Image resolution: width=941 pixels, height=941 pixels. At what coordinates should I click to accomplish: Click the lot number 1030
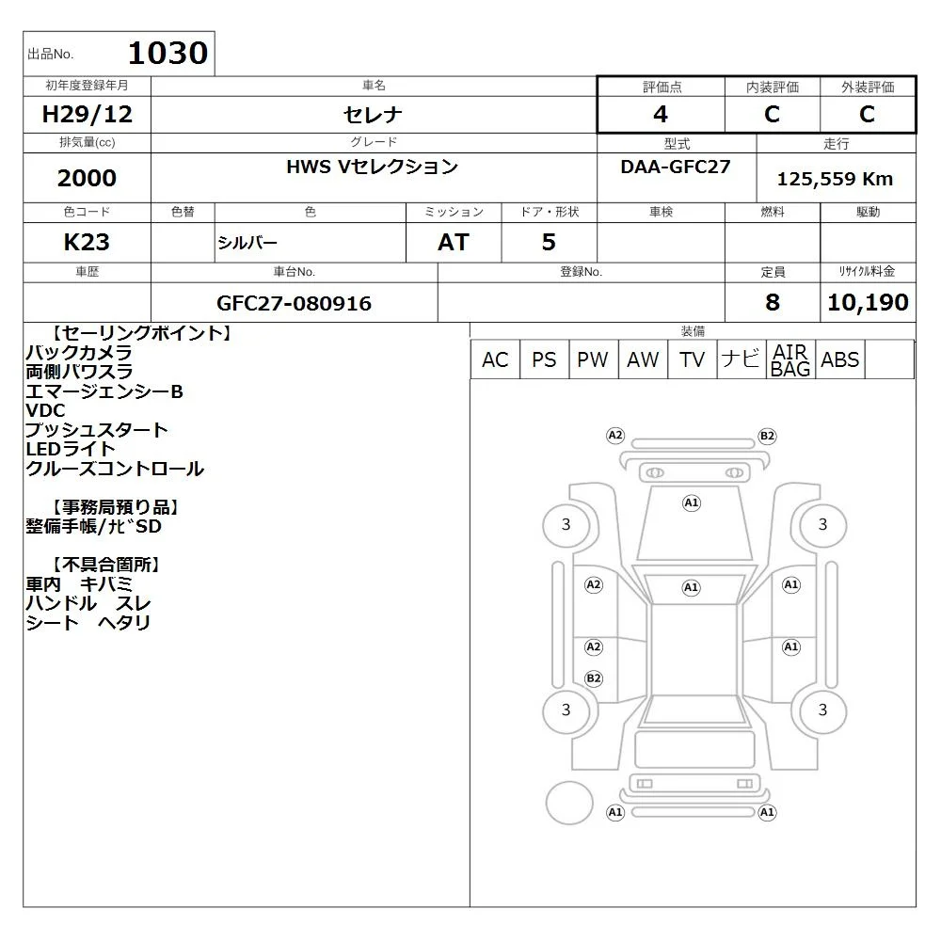point(168,53)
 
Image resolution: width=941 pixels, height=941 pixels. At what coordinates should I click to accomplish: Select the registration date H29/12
point(87,114)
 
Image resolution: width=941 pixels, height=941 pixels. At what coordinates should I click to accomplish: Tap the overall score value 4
point(661,114)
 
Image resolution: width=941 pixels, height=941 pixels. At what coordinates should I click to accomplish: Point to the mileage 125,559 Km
point(835,179)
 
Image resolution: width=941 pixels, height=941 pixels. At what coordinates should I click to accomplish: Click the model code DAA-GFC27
point(675,167)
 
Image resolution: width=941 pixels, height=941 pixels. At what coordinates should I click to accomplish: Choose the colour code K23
point(87,242)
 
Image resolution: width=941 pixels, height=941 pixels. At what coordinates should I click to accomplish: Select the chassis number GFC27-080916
point(294,303)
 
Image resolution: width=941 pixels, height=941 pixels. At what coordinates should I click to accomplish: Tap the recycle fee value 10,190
point(868,302)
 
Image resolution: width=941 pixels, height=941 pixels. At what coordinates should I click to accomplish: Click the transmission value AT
point(454,242)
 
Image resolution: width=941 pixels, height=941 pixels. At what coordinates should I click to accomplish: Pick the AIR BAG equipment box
point(790,359)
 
